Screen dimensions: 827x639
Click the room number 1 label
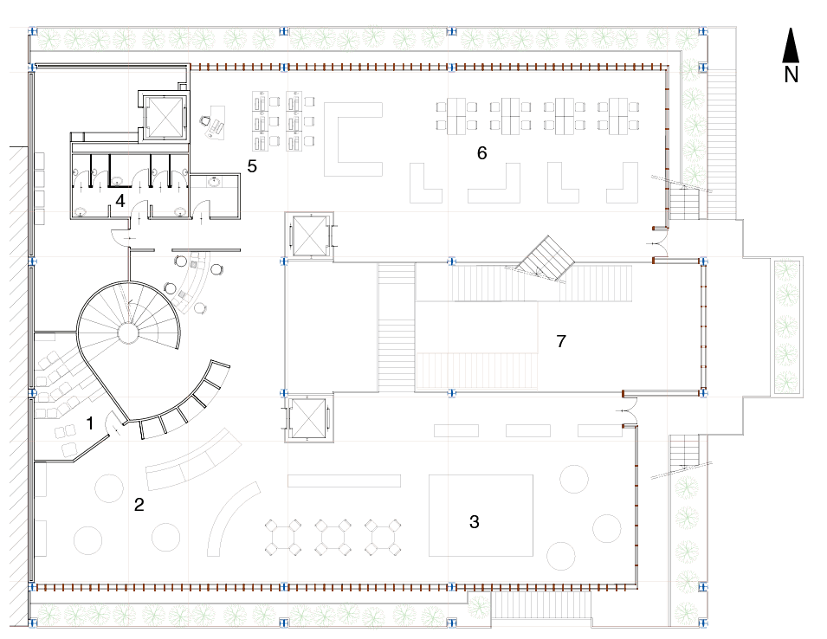90,423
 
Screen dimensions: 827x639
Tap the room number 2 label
139,505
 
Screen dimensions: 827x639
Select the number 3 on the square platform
475,522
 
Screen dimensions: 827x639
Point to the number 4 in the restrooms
120,201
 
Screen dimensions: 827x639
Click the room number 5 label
252,166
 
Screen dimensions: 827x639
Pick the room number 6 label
481,153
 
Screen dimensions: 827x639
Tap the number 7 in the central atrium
561,341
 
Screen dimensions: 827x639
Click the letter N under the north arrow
791,74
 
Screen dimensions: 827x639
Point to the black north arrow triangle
791,46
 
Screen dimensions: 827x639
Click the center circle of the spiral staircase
127,333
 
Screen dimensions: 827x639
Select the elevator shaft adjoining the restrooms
164,117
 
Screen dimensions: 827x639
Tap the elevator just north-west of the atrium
308,236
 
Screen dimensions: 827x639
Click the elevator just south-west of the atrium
308,418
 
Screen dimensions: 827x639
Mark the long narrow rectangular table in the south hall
344,481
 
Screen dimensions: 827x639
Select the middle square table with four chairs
333,538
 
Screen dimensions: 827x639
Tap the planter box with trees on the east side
787,327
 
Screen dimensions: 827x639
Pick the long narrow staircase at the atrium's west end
396,327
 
